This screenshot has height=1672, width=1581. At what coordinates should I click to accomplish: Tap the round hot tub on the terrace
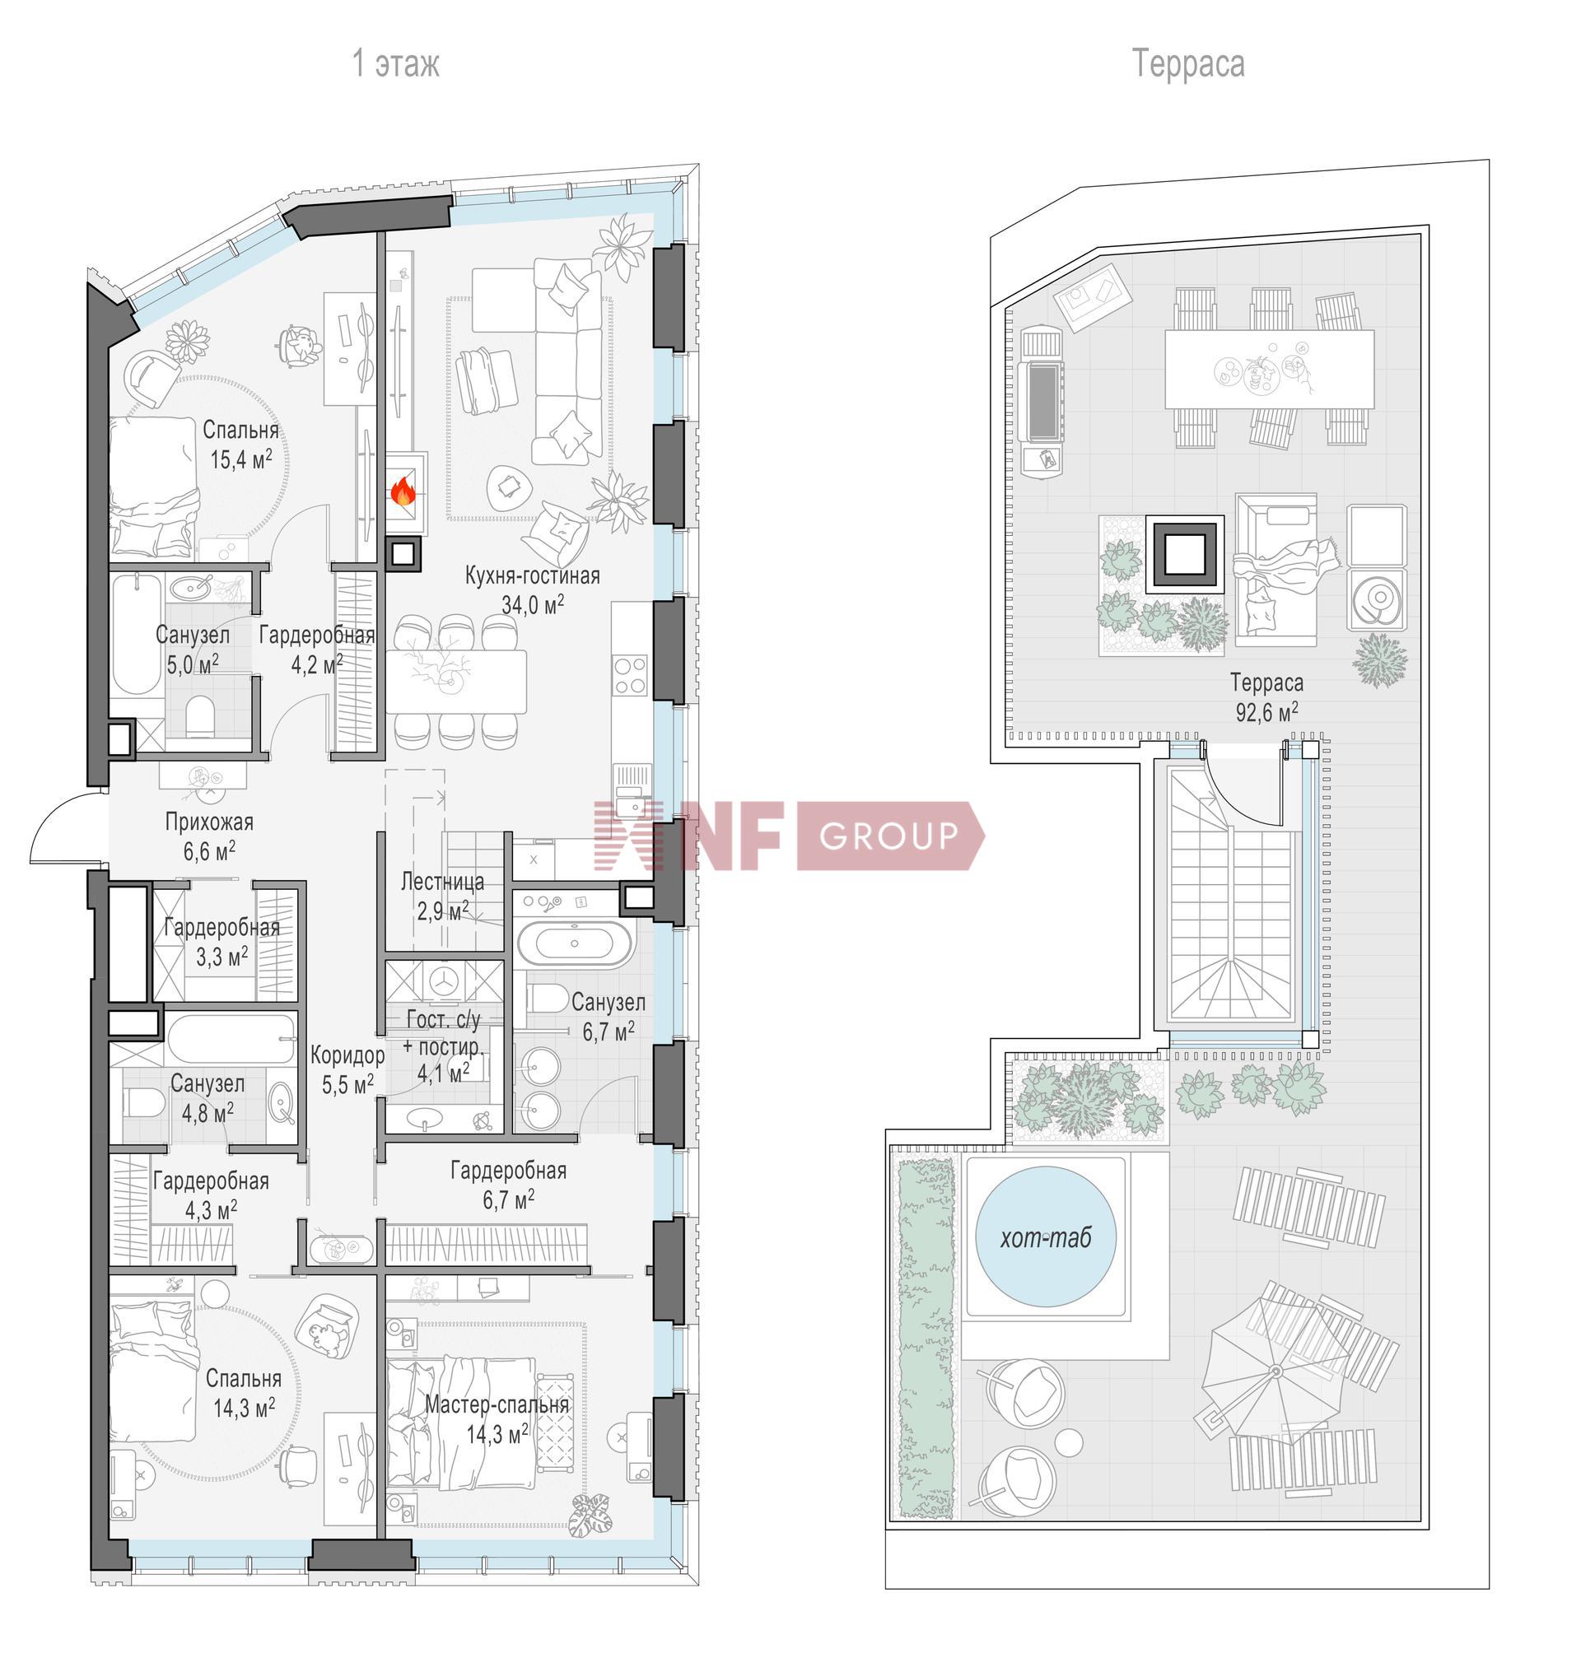click(x=1046, y=1237)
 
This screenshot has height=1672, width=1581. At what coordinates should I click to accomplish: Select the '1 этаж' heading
click(x=395, y=64)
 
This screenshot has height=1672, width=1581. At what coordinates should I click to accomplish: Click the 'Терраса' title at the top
click(x=1187, y=64)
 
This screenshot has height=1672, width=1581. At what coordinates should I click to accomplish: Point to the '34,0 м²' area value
click(x=533, y=604)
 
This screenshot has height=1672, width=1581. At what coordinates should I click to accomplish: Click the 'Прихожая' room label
click(x=209, y=822)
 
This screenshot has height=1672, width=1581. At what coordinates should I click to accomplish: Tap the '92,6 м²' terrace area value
click(x=1266, y=712)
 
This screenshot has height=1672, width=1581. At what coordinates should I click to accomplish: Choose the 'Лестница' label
click(x=442, y=882)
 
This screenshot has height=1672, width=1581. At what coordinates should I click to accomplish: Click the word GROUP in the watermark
click(x=888, y=836)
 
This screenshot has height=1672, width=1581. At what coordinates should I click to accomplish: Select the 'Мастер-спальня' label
click(x=497, y=1404)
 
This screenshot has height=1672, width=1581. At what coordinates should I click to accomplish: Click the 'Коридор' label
click(x=347, y=1055)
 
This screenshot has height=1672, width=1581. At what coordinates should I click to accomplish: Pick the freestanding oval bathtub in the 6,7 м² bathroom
click(x=574, y=944)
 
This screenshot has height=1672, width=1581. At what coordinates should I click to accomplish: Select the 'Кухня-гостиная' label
click(x=533, y=576)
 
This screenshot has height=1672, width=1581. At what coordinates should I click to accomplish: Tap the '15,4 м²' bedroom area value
click(x=241, y=459)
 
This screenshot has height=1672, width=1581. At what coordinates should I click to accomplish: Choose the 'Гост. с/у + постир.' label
click(x=444, y=1033)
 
